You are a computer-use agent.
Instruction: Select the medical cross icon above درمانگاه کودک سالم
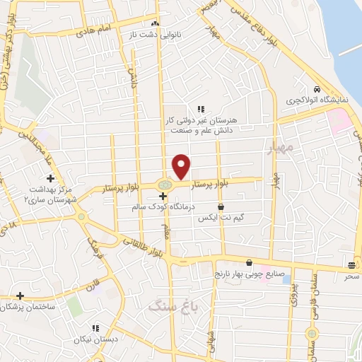(163, 196)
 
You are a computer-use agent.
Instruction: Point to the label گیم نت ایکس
(221, 219)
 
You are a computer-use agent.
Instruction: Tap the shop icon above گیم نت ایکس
(221, 208)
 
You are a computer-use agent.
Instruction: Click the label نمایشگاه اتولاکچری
(317, 101)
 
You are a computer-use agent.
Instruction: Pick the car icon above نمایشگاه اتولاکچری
(318, 90)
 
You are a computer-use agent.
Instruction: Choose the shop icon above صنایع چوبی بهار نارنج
(248, 263)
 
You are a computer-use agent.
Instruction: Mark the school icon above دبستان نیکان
(94, 328)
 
